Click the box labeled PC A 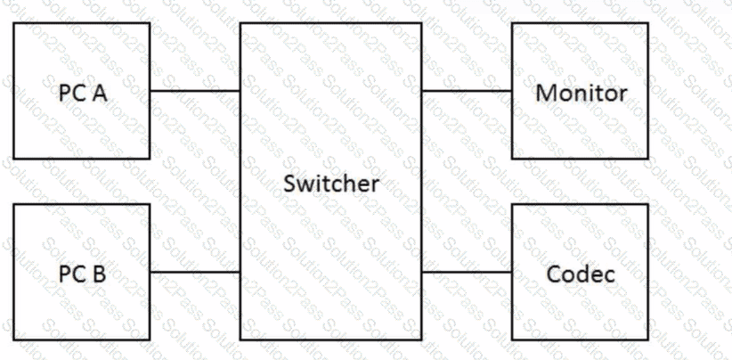(x=82, y=91)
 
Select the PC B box (x=82, y=272)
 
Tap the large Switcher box (x=331, y=181)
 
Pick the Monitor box (x=580, y=91)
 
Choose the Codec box (x=580, y=272)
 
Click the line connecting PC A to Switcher (x=195, y=91)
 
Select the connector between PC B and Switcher (x=195, y=272)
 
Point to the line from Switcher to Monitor (x=467, y=91)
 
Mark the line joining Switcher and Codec (x=467, y=272)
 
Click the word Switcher (x=331, y=184)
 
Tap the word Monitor (x=581, y=93)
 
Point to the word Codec (x=581, y=274)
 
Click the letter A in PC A (x=99, y=94)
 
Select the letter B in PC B (x=99, y=274)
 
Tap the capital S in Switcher (x=289, y=184)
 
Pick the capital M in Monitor (x=545, y=94)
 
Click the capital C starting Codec (x=554, y=274)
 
